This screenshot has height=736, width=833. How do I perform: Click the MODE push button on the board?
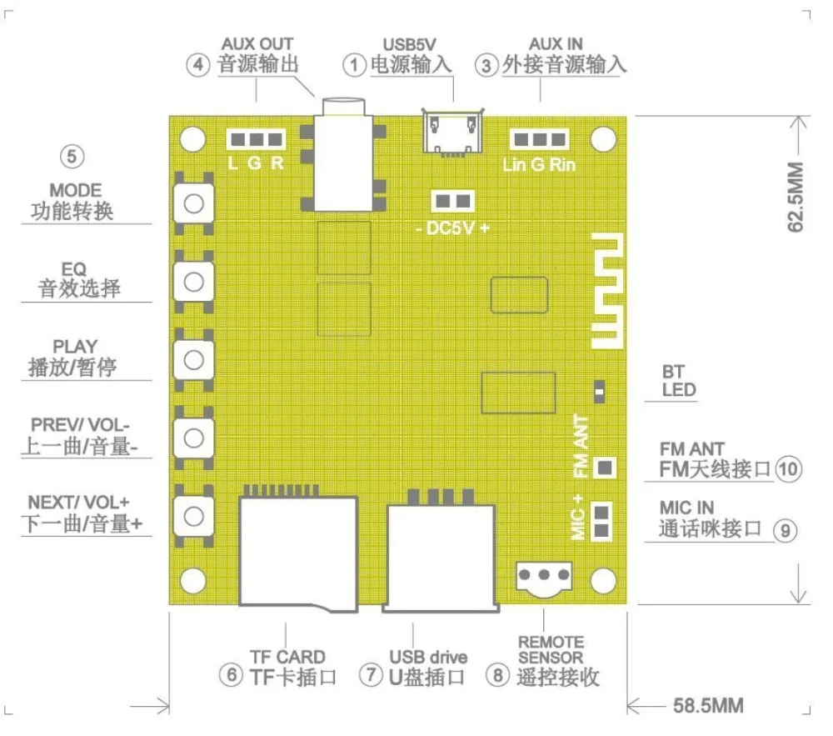tap(194, 203)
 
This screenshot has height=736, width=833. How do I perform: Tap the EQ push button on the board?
tap(194, 281)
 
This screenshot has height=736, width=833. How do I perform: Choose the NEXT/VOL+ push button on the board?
tap(194, 513)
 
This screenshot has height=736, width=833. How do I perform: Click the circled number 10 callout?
tap(788, 469)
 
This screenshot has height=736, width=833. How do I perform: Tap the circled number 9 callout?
tap(784, 529)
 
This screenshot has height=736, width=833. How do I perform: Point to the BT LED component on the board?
tap(598, 389)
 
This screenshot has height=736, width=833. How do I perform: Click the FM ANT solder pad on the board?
tap(606, 468)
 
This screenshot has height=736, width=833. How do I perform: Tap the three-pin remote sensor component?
tap(544, 576)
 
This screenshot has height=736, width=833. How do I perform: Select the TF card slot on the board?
tap(298, 550)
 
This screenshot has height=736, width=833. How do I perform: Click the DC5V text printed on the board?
tap(451, 228)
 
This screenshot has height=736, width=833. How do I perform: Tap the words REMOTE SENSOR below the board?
tap(551, 649)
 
